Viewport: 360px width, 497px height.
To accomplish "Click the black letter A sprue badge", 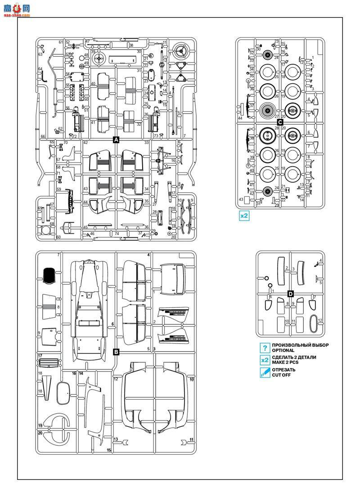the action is tap(116, 140).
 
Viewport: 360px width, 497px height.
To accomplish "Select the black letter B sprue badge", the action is tap(116, 352).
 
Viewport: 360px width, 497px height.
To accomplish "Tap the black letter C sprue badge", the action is tap(280, 122).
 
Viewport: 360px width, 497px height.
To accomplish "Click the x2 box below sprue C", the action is tap(244, 216).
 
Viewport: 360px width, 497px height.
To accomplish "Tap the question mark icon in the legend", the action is tap(265, 348).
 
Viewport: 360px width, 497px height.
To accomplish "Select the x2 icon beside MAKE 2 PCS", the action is tap(265, 360).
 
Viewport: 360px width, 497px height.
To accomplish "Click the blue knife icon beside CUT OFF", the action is tap(265, 372).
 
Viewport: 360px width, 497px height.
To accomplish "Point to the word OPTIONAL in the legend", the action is tap(283, 351).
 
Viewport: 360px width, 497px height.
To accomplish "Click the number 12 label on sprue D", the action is tap(320, 321).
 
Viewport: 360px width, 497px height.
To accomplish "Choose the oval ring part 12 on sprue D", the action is tap(314, 325).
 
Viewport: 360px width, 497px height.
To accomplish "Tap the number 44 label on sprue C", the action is tap(240, 118).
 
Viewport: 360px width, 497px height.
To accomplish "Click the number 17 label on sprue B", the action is tap(40, 355).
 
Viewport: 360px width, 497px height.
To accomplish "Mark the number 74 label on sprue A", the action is tap(117, 234).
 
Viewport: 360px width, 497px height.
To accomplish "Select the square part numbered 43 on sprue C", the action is tap(247, 199).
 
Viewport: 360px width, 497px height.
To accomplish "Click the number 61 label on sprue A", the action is tap(61, 42).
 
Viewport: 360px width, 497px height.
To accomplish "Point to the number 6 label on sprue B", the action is tap(113, 324).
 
